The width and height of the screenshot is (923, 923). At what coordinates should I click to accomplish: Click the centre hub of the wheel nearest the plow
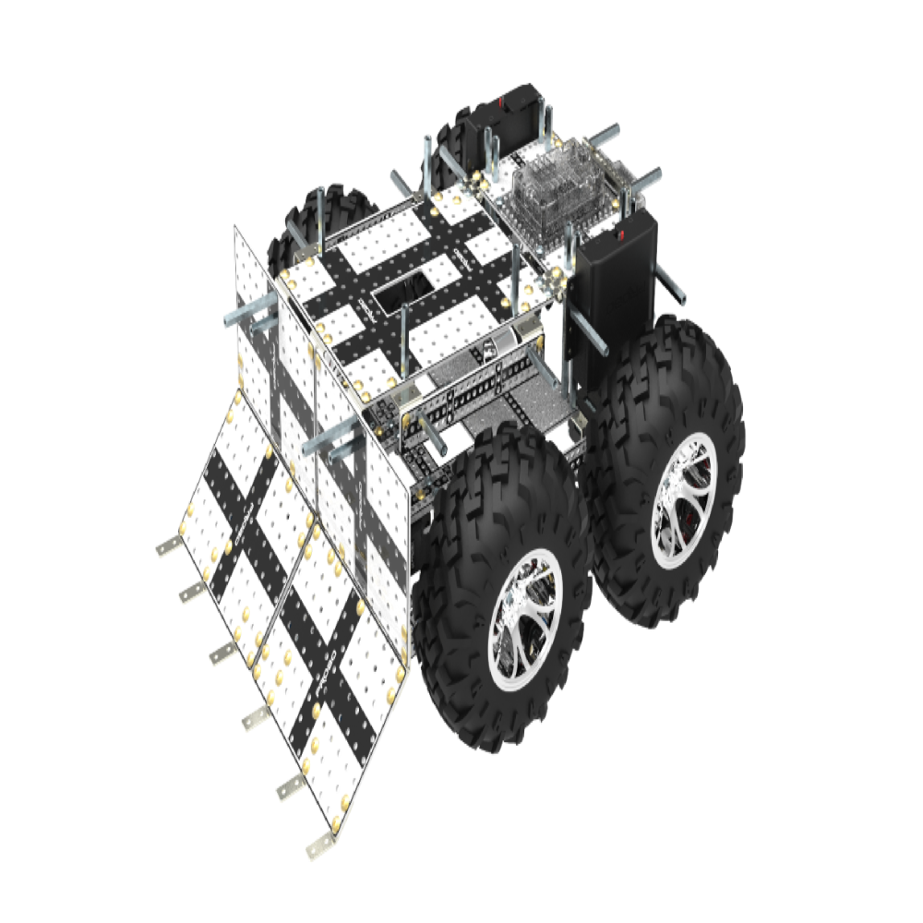click(524, 619)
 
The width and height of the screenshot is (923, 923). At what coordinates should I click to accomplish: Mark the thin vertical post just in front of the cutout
click(404, 342)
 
